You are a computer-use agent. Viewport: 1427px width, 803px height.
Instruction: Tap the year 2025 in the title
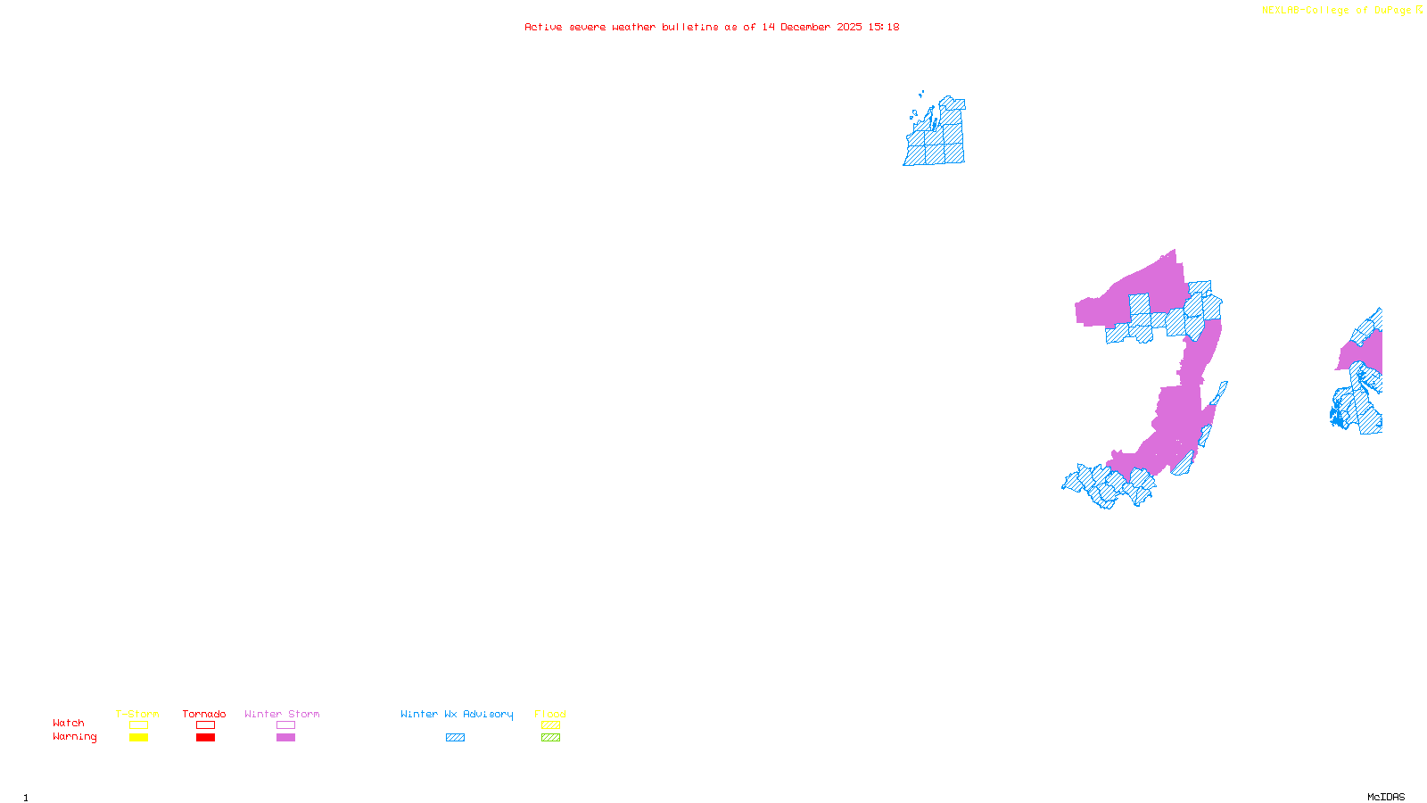point(849,27)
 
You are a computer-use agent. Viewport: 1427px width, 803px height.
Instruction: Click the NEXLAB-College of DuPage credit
point(1337,10)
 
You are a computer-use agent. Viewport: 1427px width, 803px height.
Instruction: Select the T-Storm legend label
point(137,714)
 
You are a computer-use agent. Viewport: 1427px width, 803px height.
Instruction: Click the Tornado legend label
point(204,714)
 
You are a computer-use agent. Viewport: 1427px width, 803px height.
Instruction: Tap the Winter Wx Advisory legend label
point(457,714)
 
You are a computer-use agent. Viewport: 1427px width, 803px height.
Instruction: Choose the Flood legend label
point(550,714)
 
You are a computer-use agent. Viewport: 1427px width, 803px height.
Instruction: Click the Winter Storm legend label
point(282,714)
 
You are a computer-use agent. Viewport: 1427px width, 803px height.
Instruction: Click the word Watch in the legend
point(69,723)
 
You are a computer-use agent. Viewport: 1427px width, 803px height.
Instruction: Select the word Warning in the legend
point(75,737)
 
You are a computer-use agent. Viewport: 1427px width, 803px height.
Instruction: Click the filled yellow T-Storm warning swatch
point(138,738)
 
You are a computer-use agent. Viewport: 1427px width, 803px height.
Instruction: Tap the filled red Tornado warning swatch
point(205,738)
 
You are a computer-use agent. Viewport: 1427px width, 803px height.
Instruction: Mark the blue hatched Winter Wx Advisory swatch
point(455,738)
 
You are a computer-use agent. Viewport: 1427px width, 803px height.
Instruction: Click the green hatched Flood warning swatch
point(550,738)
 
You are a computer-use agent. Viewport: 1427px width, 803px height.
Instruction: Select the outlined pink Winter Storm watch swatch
point(285,725)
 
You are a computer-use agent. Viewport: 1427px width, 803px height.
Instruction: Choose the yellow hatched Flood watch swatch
point(550,725)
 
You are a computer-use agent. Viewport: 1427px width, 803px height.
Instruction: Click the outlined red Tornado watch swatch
point(205,725)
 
